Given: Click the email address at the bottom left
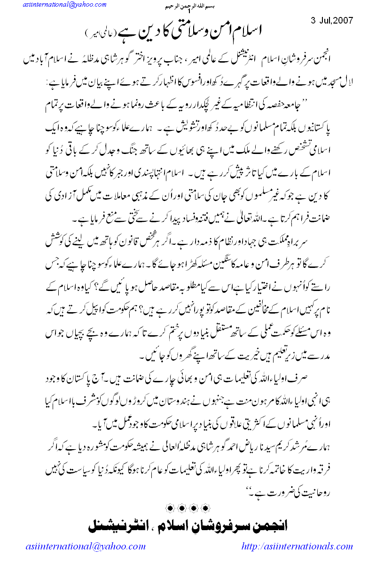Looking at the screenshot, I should point(85,547).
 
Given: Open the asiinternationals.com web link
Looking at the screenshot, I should point(297,547).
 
